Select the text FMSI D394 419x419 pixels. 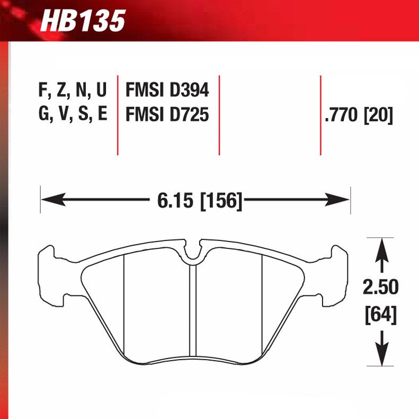(x=167, y=91)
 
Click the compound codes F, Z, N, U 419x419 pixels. (x=73, y=91)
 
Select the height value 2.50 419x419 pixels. (x=380, y=288)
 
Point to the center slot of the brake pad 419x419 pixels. (x=193, y=313)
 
